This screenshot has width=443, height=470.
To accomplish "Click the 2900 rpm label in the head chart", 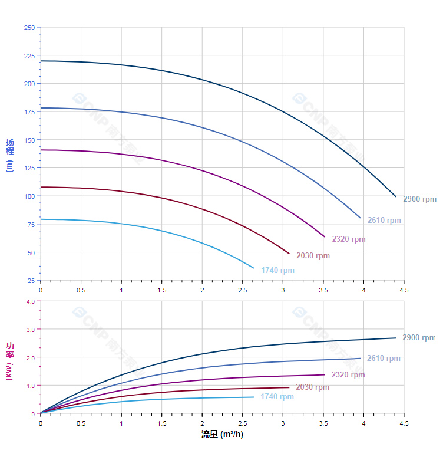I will click(419, 199).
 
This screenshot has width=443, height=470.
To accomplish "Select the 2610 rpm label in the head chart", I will click(384, 221).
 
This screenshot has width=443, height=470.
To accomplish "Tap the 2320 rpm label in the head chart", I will click(349, 239).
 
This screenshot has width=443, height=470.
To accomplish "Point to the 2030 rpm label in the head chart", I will click(313, 256).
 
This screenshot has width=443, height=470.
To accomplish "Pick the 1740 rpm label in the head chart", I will click(277, 271).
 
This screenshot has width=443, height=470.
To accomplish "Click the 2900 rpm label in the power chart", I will click(419, 338).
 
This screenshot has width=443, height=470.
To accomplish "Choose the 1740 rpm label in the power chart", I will click(277, 397).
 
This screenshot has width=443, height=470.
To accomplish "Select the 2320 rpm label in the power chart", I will click(348, 375).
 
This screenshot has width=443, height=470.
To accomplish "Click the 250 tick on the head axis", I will click(29, 28).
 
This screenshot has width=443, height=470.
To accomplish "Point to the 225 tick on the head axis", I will click(29, 56).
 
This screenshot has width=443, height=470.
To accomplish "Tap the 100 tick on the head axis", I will click(29, 196).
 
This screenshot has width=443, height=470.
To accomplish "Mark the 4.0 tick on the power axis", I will click(30, 301).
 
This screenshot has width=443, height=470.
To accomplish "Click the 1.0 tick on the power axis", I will click(30, 386).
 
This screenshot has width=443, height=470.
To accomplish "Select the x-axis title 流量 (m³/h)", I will click(222, 435).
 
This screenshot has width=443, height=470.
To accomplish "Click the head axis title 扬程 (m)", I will click(9, 155).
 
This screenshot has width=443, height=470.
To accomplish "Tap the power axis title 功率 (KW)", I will click(9, 360).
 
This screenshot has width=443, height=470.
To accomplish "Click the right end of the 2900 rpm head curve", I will click(396, 196).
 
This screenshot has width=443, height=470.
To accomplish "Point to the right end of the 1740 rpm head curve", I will click(254, 268).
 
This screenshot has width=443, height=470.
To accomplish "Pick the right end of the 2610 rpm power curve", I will click(360, 358).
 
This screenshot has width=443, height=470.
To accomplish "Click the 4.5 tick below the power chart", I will click(404, 423).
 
